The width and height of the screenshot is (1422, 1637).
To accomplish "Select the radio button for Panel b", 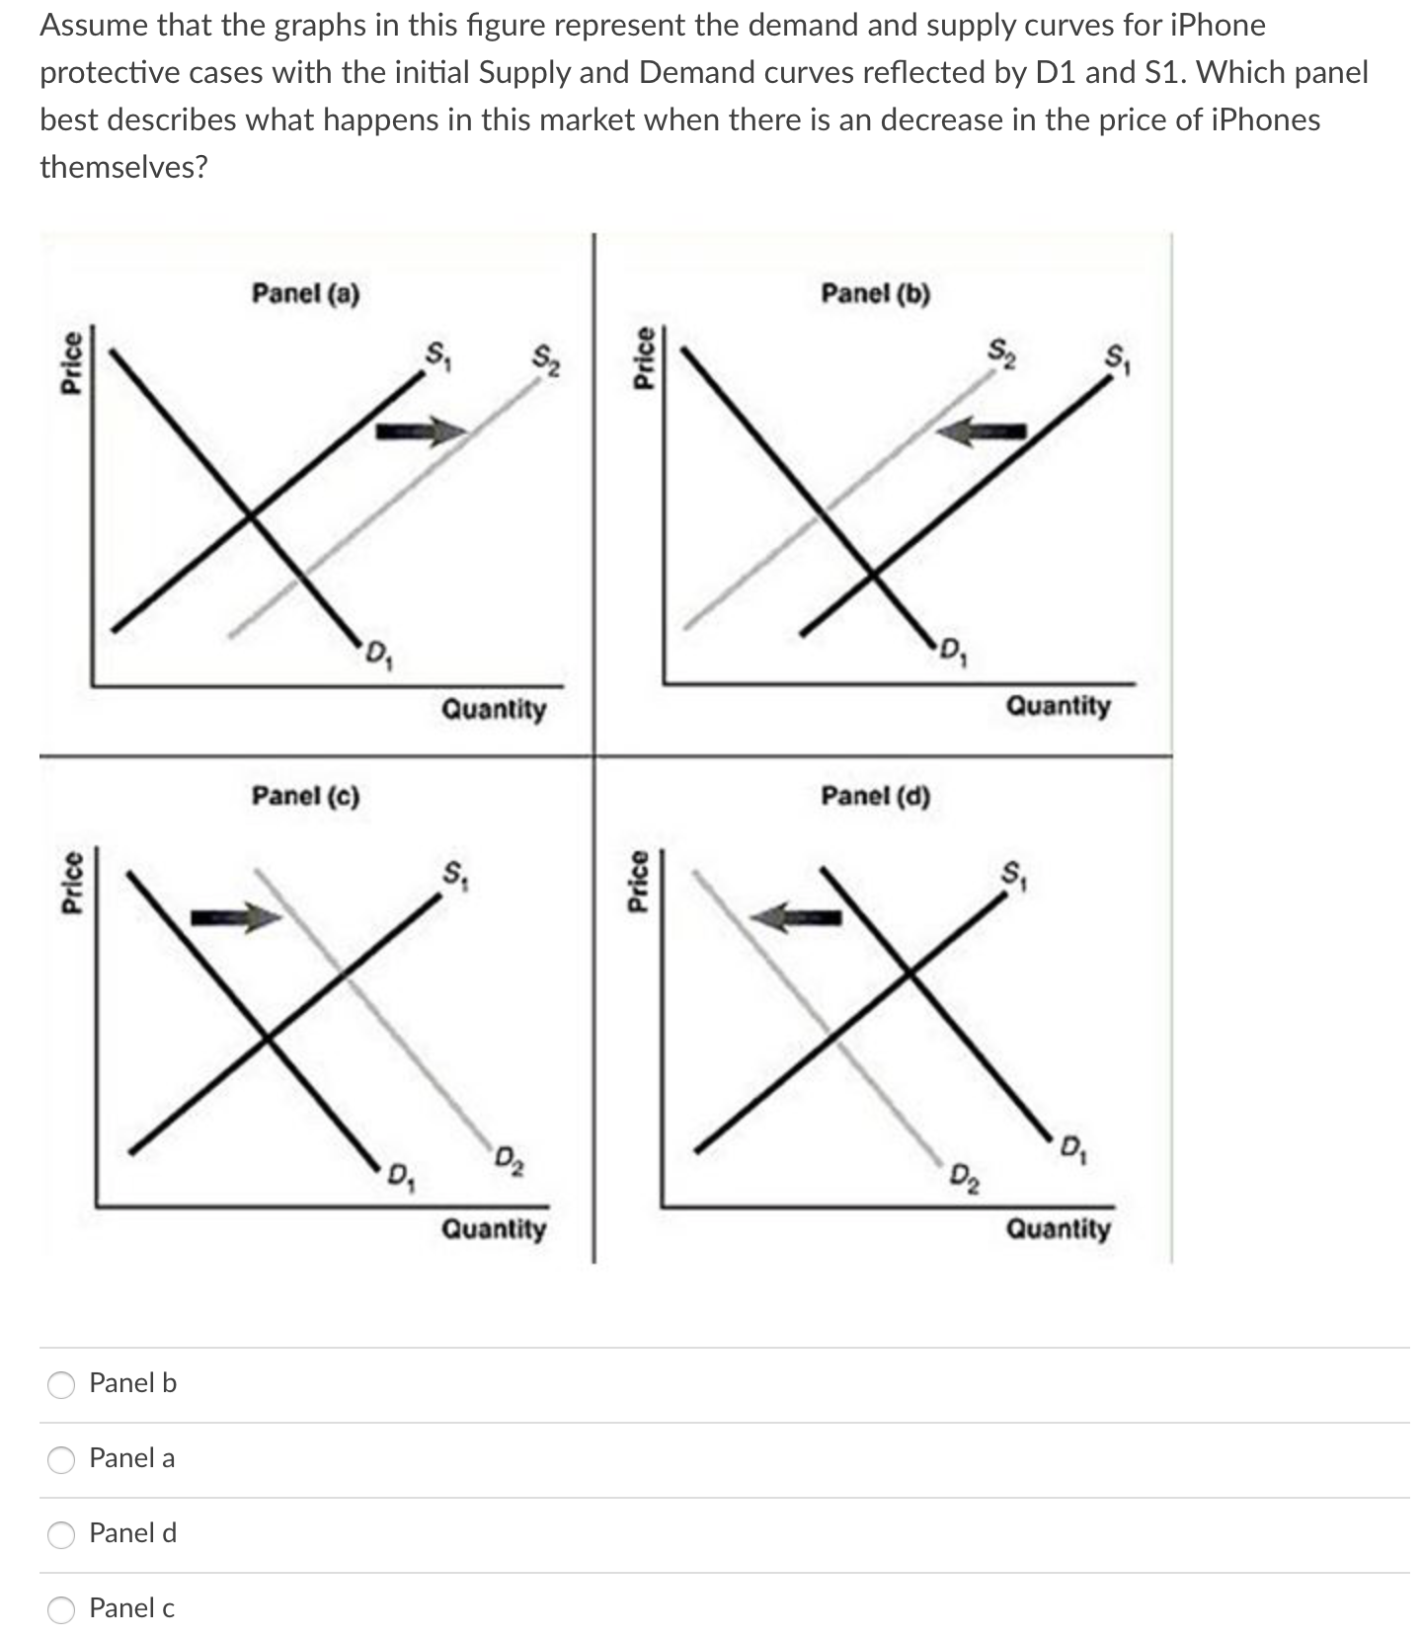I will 62,1385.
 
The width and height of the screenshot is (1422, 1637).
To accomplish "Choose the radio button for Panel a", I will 62,1460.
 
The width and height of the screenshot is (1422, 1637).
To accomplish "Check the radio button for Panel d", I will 62,1535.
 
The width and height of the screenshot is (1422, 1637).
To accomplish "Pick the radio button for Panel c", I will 62,1610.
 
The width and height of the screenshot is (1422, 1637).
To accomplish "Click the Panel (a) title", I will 305,293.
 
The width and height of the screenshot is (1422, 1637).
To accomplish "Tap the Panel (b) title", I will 875,293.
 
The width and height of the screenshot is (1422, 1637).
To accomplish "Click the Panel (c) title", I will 305,795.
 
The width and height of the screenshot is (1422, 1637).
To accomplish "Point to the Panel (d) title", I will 875,795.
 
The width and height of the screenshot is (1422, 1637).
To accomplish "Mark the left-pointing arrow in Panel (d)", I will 796,918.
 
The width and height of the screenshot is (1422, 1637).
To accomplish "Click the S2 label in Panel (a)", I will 546,360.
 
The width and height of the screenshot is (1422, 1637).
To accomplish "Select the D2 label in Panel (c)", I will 510,1159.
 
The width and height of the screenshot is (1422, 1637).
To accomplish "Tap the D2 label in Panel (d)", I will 964,1177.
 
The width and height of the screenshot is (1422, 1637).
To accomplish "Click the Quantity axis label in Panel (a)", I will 493,709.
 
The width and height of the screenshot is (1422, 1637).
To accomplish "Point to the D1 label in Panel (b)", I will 953,652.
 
